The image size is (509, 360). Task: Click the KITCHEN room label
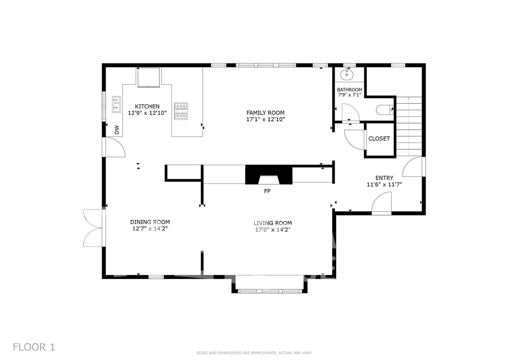point(147,106)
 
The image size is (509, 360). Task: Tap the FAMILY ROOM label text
point(265,113)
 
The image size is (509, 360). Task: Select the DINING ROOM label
point(150,222)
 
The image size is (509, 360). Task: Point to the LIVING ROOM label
point(273,223)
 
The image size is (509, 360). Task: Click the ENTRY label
point(384,178)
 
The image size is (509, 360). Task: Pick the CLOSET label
point(379,138)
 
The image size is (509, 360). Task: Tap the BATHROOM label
point(349,90)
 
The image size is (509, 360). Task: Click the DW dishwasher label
point(117,130)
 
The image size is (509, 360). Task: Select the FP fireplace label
point(267,191)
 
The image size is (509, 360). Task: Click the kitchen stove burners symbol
point(181,111)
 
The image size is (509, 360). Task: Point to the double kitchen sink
point(117,104)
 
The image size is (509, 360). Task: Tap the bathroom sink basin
point(347,75)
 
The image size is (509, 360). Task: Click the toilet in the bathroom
point(385,110)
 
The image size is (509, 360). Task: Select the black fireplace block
point(269,175)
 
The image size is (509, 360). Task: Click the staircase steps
point(409,126)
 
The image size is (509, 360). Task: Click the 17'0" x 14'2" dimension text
point(273,230)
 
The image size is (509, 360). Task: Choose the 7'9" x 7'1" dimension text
point(349,95)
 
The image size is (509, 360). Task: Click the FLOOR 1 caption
point(34,347)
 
